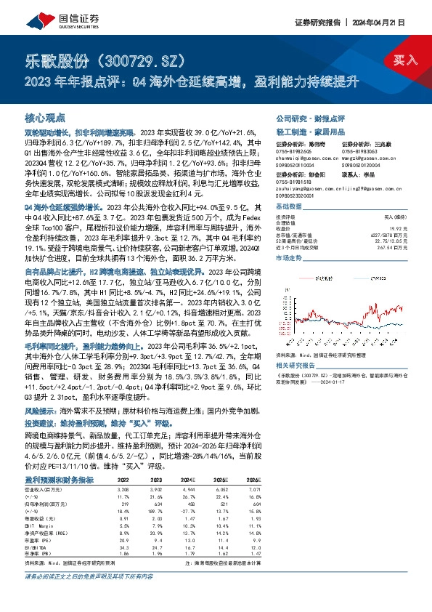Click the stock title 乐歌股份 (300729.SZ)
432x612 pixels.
(107, 58)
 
